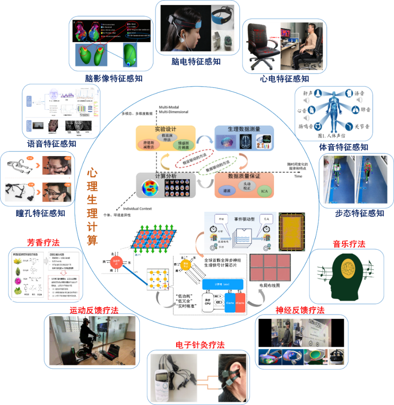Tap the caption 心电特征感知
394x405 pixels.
click(x=284, y=78)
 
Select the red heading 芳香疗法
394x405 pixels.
click(x=43, y=242)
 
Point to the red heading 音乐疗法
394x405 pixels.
click(x=349, y=244)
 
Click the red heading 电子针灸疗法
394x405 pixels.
click(x=200, y=345)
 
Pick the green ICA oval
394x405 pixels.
click(x=263, y=191)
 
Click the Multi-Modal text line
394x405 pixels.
click(x=173, y=107)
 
